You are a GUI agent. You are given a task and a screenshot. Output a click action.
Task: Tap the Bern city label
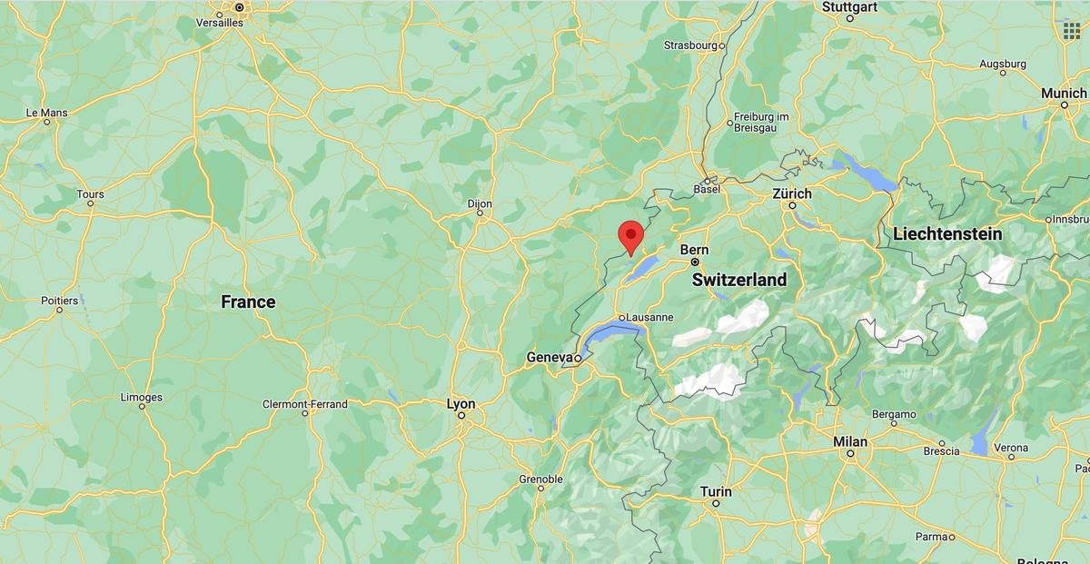coord(694,250)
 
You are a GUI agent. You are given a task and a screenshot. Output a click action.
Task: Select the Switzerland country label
coord(739,281)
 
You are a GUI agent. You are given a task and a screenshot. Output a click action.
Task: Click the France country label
coord(248,302)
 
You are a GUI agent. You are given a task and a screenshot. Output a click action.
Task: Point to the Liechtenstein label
coord(947,234)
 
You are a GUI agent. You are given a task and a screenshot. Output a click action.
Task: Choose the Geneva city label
coord(550,358)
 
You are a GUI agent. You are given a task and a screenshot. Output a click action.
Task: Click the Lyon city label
coord(461,403)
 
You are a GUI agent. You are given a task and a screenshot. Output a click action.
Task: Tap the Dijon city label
coord(480,204)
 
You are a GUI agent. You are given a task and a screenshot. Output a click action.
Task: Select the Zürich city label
coord(792,193)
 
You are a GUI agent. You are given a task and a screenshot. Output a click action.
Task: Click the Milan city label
coord(850,441)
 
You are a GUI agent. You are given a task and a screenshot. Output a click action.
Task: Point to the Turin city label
coord(716,491)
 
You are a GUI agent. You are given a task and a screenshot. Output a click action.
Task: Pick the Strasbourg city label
coord(691,45)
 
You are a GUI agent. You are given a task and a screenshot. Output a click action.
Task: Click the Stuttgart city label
coord(849,7)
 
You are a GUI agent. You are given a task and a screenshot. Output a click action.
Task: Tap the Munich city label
coord(1064,94)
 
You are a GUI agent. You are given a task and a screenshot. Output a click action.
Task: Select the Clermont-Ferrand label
coord(305,404)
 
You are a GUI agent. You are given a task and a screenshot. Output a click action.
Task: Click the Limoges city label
coord(142,397)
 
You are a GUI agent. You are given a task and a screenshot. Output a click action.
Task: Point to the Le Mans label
coord(47,113)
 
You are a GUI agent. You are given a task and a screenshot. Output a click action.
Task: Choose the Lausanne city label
coord(649,317)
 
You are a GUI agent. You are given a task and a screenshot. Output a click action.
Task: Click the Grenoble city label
coord(541,479)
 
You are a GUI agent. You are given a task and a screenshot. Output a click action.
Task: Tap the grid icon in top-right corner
coord(1071,30)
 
